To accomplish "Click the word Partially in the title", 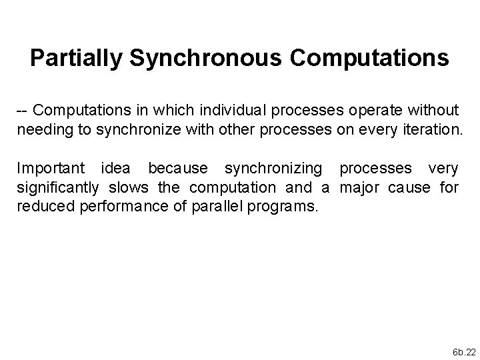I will pos(76,59).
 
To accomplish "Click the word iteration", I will pos(429,129).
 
